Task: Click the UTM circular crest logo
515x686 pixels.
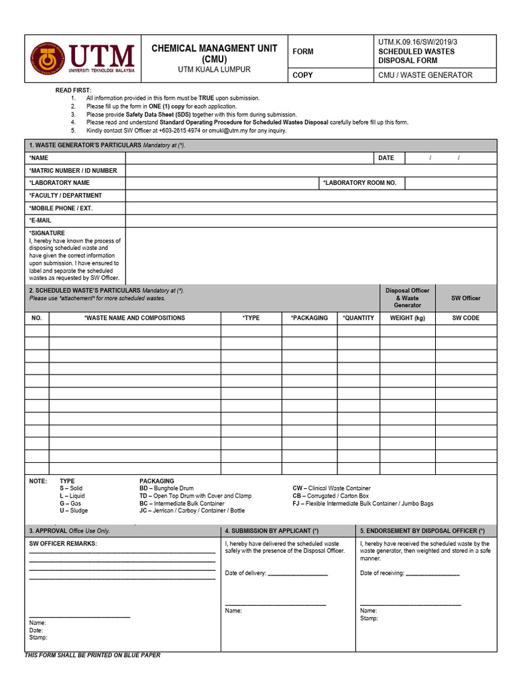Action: point(47,59)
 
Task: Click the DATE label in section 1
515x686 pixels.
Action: point(386,158)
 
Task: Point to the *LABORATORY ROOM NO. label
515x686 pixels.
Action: point(359,183)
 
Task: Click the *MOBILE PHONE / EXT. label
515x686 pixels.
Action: point(61,208)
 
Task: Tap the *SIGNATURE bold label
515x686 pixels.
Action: point(47,233)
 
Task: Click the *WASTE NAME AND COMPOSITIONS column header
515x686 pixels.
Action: point(135,318)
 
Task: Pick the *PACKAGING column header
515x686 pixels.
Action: point(309,318)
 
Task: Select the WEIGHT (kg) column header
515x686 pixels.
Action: point(407,318)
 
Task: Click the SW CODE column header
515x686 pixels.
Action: point(465,318)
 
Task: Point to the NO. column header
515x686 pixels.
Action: point(37,318)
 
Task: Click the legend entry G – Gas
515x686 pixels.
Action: point(70,503)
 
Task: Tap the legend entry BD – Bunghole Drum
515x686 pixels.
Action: point(166,489)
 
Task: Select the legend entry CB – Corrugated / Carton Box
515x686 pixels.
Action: point(331,496)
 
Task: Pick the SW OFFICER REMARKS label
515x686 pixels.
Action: point(63,544)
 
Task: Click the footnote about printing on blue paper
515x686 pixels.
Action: point(93,655)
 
